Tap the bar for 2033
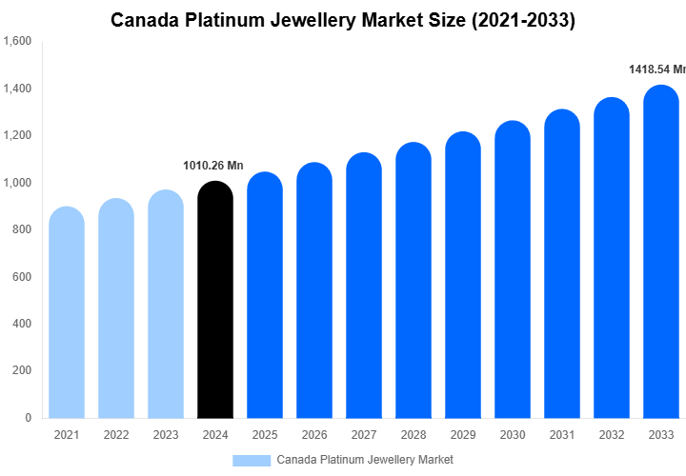[x=660, y=252]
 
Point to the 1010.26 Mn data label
[x=213, y=166]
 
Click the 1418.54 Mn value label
[x=656, y=69]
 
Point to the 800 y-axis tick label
[x=22, y=229]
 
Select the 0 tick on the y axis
[x=28, y=418]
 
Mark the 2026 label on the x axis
[x=314, y=435]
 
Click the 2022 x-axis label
[x=116, y=435]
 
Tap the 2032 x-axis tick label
[x=611, y=435]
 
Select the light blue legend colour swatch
[x=252, y=460]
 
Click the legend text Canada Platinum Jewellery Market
[x=365, y=460]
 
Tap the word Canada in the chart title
[x=144, y=19]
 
